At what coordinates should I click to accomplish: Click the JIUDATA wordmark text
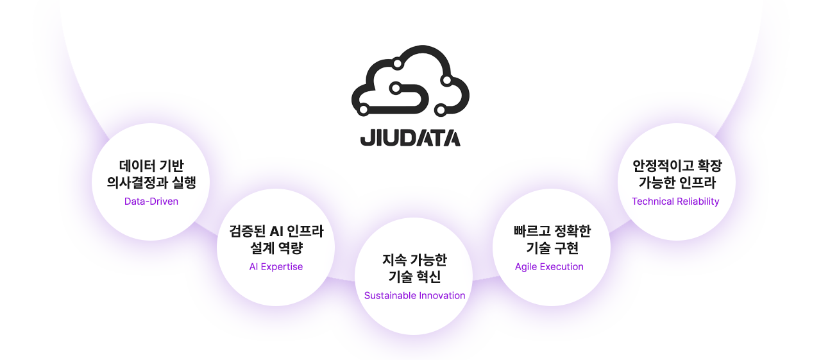click(410, 137)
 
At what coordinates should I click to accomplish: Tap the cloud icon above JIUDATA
click(410, 81)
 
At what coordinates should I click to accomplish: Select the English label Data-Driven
click(151, 201)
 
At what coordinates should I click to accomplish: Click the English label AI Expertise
click(276, 267)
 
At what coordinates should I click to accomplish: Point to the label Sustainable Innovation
click(414, 296)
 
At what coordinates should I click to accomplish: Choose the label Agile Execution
click(549, 267)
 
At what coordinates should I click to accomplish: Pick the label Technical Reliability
click(675, 201)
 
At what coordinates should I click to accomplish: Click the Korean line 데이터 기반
click(151, 166)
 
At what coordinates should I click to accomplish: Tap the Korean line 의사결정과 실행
click(151, 183)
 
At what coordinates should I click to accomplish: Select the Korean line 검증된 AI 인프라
click(276, 231)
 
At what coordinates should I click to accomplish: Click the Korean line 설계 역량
click(276, 248)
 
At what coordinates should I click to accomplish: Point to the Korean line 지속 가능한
click(414, 260)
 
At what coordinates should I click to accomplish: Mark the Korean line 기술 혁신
click(414, 277)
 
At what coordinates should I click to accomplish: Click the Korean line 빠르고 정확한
click(552, 231)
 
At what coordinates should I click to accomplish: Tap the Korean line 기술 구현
click(552, 248)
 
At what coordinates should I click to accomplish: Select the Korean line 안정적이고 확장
click(677, 166)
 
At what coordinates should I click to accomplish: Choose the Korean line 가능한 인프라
click(677, 183)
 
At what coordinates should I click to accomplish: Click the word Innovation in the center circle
click(441, 296)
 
